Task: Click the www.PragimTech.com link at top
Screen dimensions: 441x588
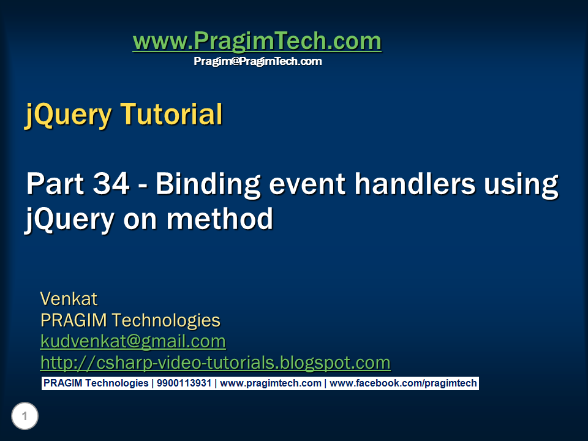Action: tap(257, 42)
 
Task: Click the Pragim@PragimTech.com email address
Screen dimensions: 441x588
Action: tap(257, 61)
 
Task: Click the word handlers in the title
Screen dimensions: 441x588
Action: tap(410, 184)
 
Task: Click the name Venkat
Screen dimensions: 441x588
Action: tap(69, 299)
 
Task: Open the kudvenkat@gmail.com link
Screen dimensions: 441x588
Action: tap(133, 341)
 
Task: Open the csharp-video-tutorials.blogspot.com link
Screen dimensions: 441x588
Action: tap(215, 363)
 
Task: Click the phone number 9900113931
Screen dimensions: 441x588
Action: tap(184, 383)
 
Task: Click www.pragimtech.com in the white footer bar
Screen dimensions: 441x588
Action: tap(270, 383)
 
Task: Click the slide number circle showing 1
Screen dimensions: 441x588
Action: tap(24, 417)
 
